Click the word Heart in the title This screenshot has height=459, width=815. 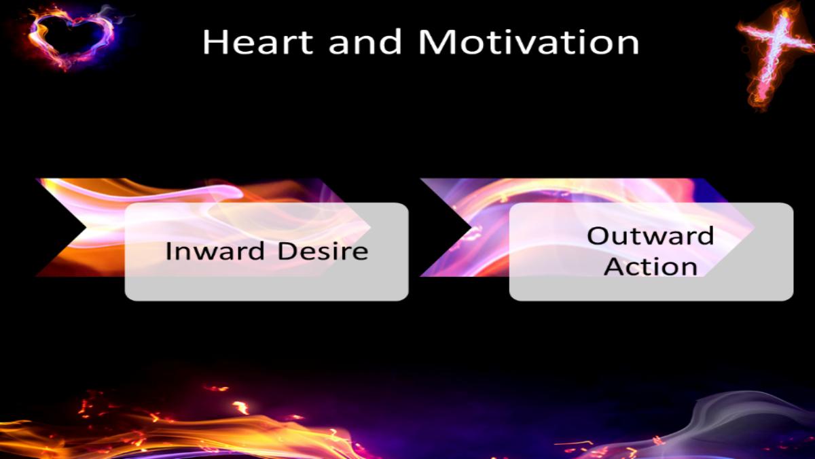[257, 42]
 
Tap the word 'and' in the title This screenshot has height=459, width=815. [365, 42]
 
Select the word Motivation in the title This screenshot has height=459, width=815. [528, 42]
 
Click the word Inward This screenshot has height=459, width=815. [215, 252]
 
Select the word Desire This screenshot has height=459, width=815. [323, 252]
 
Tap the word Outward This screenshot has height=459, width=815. [650, 236]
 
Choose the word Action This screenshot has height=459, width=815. [650, 267]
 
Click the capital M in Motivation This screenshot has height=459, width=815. [434, 42]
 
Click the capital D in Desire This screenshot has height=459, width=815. [287, 251]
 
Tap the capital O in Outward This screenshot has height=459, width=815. [598, 236]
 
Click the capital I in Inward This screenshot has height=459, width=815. [168, 251]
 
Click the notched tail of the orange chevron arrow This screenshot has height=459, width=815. [86, 228]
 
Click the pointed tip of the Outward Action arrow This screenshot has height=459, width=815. [754, 228]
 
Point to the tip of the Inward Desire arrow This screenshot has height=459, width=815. [370, 228]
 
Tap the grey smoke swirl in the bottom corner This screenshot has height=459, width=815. [750, 426]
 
